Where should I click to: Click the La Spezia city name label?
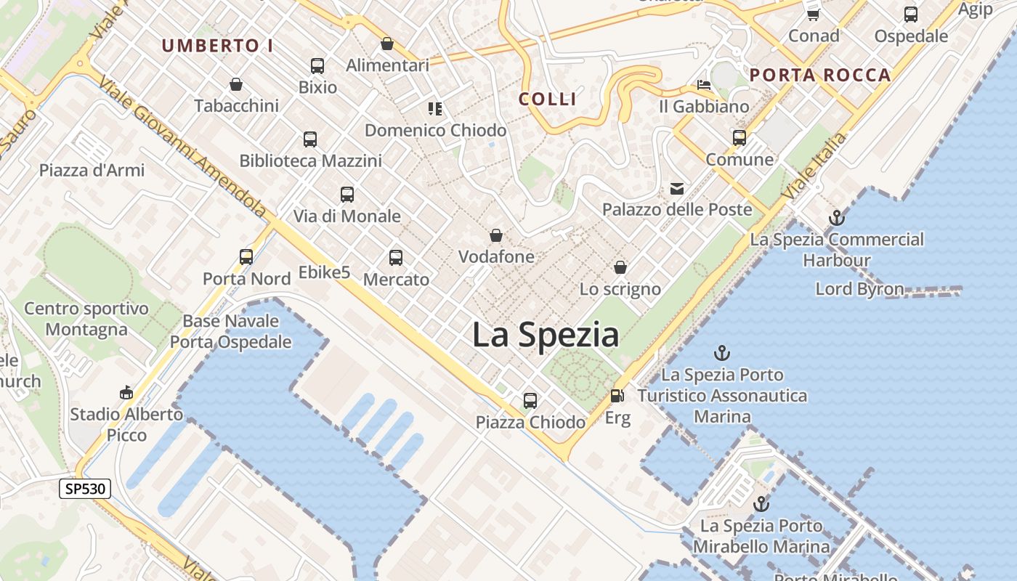coord(546,335)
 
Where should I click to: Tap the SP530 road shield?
coord(85,489)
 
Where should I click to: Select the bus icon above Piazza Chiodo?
coord(530,400)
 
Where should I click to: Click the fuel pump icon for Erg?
coord(617,396)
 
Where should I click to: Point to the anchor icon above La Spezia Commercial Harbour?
coord(837,217)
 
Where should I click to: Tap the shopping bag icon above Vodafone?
coord(496,235)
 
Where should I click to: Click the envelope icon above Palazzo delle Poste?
coord(677,189)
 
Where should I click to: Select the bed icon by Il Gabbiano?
coord(703,86)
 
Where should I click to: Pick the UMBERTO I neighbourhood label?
coord(217,46)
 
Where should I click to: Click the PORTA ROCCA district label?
coord(820,75)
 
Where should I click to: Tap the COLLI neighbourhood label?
coord(548,99)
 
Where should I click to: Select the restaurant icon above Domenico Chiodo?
coord(435,109)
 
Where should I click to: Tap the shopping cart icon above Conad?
coord(814,15)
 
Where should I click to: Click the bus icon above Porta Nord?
coord(246,256)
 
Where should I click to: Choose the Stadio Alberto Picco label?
coord(126,424)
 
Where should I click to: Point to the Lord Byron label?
coord(859,289)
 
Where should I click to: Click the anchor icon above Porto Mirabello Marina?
coord(761,504)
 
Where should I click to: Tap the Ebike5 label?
coord(324,273)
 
